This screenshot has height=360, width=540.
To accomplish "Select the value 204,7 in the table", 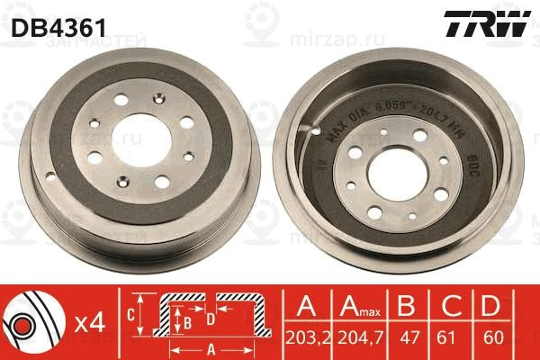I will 360,341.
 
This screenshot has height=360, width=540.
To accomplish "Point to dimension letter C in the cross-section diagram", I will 130,313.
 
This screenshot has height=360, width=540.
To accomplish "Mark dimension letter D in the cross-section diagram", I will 209,319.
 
